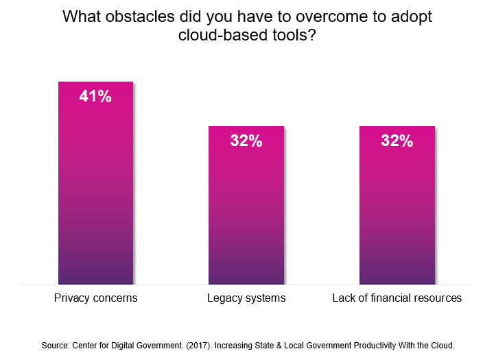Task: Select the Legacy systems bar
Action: (x=246, y=205)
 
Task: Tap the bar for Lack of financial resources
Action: (x=397, y=205)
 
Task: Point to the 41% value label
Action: (x=95, y=97)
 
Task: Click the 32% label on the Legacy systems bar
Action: (x=246, y=141)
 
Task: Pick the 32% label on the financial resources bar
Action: (x=397, y=141)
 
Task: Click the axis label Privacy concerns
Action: (x=95, y=298)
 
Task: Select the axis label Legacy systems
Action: (x=246, y=298)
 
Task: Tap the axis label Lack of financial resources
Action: (x=397, y=298)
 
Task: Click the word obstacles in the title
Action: (x=133, y=17)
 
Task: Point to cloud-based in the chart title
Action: (x=214, y=36)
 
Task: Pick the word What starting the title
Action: (x=80, y=17)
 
